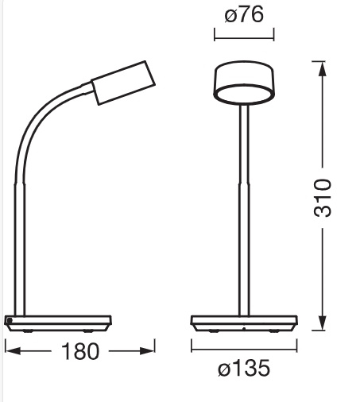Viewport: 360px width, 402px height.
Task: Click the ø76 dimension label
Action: tap(244, 14)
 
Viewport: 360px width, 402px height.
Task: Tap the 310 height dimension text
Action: tap(323, 198)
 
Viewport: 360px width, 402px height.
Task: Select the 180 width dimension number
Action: tap(80, 351)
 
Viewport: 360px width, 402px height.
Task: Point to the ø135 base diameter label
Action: tap(244, 368)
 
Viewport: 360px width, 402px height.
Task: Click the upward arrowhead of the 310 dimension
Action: tap(323, 69)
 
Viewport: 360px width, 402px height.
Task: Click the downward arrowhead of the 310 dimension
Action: tap(323, 323)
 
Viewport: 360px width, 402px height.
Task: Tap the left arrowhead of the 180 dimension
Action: tap(13, 351)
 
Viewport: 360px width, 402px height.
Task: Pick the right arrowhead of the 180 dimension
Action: tap(147, 351)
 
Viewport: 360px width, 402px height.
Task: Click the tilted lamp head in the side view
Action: tap(123, 83)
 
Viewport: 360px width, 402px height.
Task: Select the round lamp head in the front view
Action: tap(244, 83)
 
